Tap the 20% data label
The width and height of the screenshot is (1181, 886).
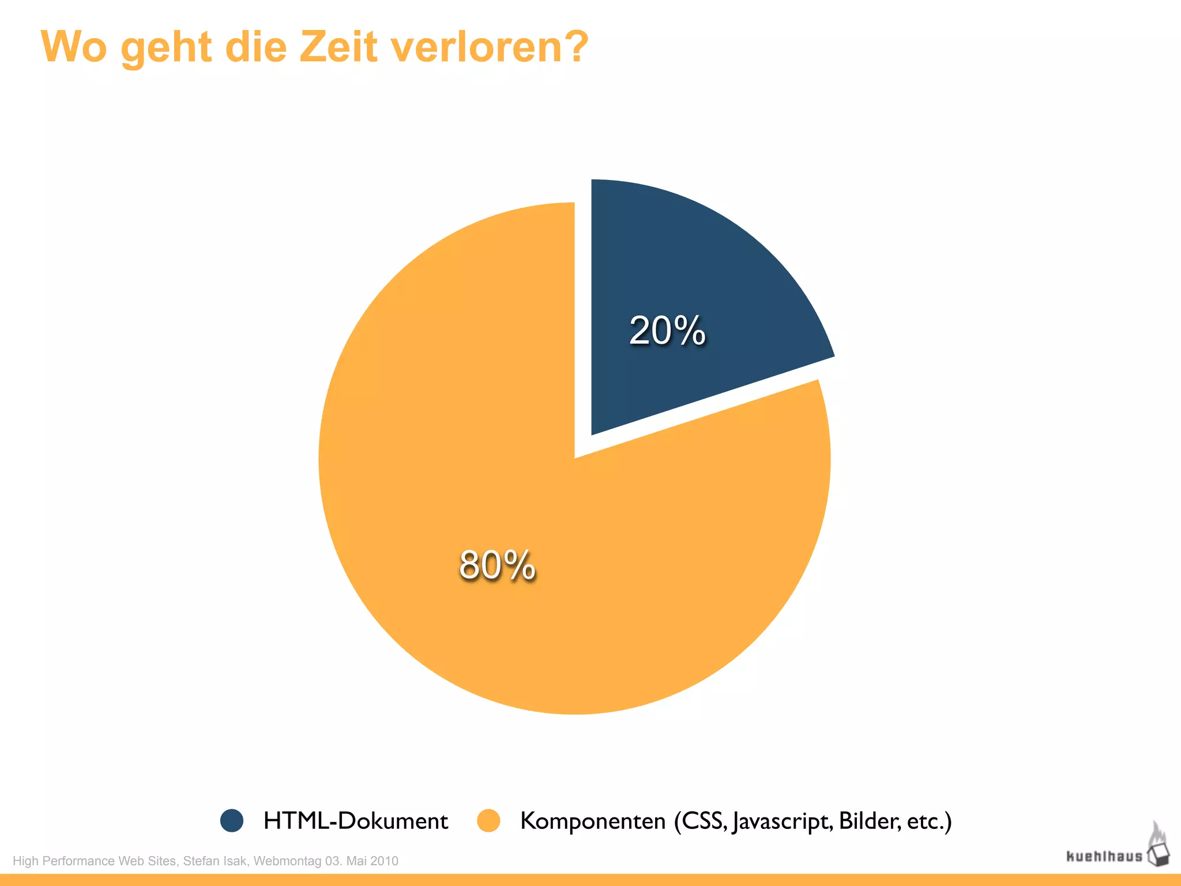pyautogui.click(x=667, y=331)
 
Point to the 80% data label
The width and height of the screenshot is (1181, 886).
pyautogui.click(x=497, y=565)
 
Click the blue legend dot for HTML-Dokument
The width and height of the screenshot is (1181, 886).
pyautogui.click(x=232, y=820)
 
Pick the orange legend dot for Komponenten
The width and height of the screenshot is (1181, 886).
pyautogui.click(x=488, y=820)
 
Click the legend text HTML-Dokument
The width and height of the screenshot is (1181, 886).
pyautogui.click(x=355, y=820)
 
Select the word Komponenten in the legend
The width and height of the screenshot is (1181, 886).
pyautogui.click(x=593, y=821)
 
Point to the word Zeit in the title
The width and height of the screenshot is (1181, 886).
pyautogui.click(x=338, y=46)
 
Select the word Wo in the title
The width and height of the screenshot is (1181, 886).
pyautogui.click(x=74, y=46)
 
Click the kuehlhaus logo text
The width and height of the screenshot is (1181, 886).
pyautogui.click(x=1104, y=856)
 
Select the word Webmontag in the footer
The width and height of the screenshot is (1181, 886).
pyautogui.click(x=287, y=861)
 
